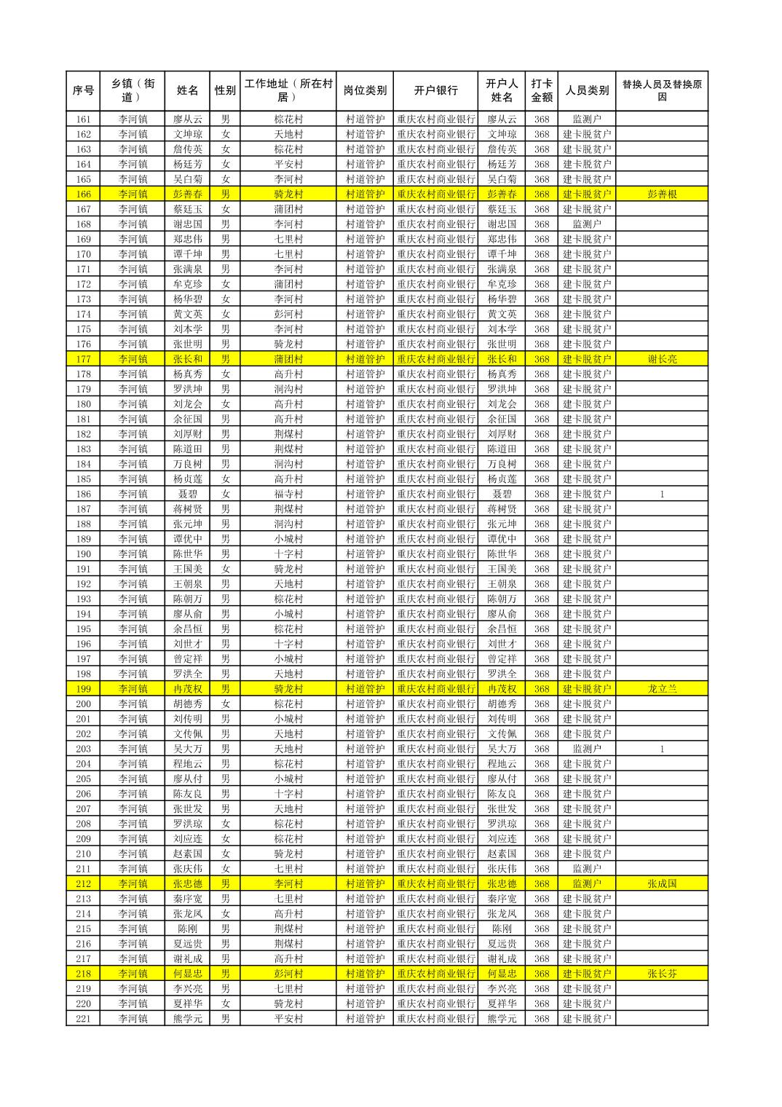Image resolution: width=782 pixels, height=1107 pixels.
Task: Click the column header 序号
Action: point(83,91)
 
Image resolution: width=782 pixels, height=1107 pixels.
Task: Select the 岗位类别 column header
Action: point(365,91)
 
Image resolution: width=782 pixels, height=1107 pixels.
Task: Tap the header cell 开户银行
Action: point(435,91)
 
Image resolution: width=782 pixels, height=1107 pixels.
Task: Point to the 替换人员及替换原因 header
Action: point(661,91)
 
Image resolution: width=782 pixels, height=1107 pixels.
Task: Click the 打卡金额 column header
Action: point(541,91)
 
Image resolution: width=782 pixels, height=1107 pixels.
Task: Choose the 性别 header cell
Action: point(225,91)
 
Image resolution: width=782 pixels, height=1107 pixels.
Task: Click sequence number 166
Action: point(83,194)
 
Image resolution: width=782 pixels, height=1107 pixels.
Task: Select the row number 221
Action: point(83,1019)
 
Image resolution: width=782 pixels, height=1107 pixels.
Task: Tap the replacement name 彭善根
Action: point(661,194)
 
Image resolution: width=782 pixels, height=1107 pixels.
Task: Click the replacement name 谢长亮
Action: point(661,359)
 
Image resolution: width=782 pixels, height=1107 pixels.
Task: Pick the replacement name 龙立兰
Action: point(661,689)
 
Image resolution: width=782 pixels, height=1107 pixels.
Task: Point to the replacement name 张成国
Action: point(661,884)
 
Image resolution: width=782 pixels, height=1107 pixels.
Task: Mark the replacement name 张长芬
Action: point(661,974)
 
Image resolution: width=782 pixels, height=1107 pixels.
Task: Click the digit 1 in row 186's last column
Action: point(661,495)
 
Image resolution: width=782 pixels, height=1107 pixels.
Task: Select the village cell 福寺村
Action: point(288,495)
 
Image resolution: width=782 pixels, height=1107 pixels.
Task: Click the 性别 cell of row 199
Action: point(225,689)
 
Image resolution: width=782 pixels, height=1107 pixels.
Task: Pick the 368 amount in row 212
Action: point(541,884)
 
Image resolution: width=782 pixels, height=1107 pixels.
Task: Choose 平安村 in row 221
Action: point(288,1019)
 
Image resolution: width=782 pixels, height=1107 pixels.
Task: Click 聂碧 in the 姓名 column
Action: point(187,495)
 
